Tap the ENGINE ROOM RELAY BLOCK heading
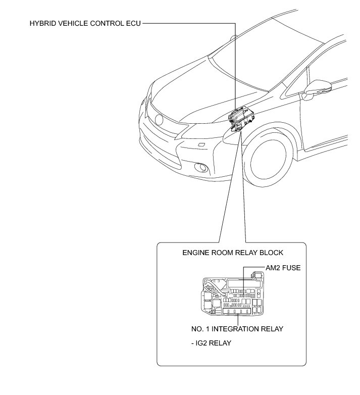[x=233, y=253]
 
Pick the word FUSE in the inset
[x=291, y=268]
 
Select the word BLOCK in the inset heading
[x=272, y=253]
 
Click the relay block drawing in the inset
[x=232, y=297]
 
